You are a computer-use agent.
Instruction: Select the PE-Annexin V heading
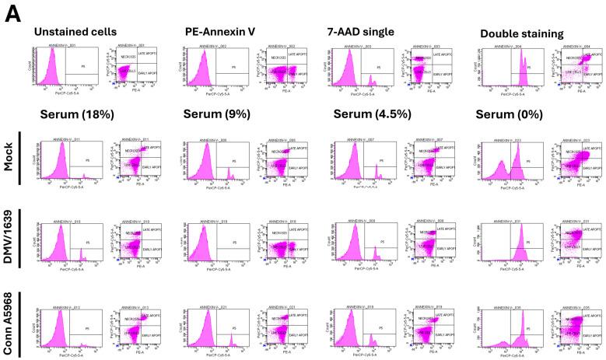pyautogui.click(x=220, y=32)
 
